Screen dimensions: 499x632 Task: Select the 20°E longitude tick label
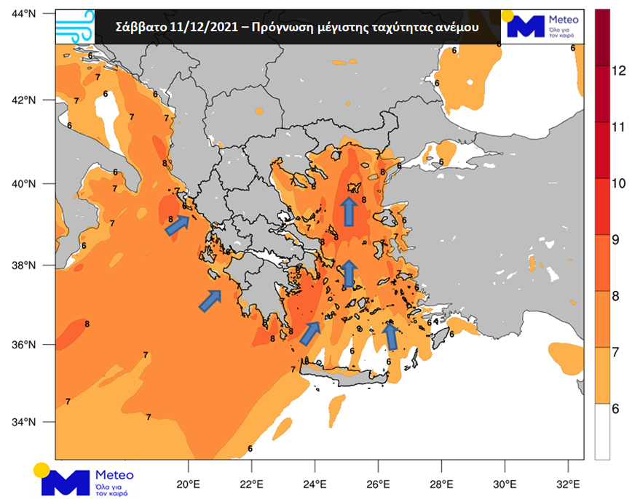[x=189, y=484]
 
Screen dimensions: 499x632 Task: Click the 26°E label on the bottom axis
[x=379, y=484]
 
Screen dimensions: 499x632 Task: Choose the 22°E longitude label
[x=252, y=484]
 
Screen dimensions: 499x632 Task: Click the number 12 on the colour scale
[x=618, y=71]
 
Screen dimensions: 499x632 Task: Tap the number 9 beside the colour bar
[x=615, y=239]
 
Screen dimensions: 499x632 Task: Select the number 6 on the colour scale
[x=615, y=408]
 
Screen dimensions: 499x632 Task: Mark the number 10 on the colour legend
[x=618, y=183]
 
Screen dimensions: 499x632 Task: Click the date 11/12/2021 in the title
[x=206, y=27]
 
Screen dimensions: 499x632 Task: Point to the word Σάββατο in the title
[x=143, y=27]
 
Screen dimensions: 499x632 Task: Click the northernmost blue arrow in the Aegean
[x=349, y=212]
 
